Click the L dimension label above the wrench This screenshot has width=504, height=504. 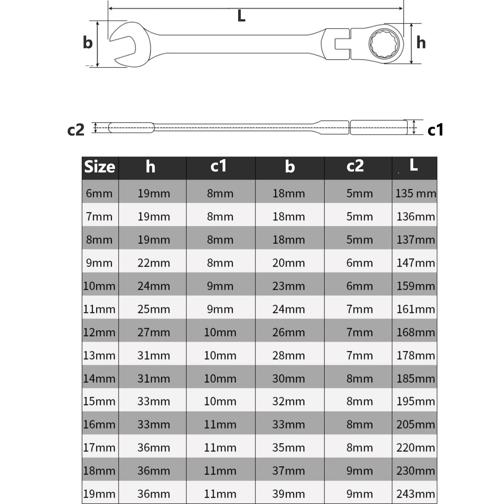coord(241,16)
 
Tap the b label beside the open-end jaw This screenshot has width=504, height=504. coord(88,43)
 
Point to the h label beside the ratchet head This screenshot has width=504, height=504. coord(421,43)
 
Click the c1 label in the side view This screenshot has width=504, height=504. coord(435,130)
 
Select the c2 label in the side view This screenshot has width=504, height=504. coord(76,130)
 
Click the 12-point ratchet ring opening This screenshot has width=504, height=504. coord(384,44)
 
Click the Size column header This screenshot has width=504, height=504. coord(100,167)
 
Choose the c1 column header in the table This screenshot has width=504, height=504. coord(218,166)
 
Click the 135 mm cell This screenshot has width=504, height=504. coord(415,193)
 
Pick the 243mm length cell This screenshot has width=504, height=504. coord(415,494)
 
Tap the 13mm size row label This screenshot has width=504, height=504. coord(99,356)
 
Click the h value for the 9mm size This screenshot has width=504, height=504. coord(154,263)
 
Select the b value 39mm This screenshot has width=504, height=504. coord(289,494)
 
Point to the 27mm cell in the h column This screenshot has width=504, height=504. coord(154,332)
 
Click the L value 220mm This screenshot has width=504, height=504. coord(415,448)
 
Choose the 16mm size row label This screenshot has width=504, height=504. coord(99,425)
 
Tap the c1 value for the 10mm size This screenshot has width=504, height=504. coord(220,286)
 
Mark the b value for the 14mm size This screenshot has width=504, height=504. coord(289,379)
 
